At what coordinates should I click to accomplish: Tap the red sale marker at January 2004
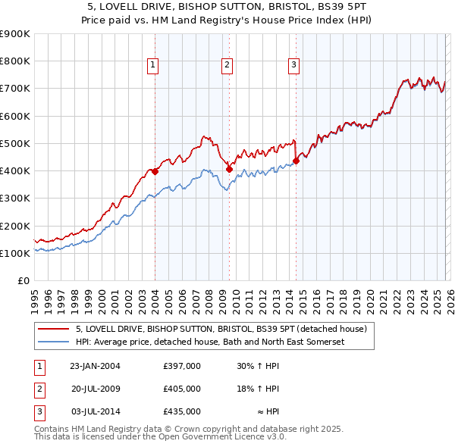(x=155, y=171)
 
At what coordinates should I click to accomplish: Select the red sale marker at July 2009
(x=229, y=169)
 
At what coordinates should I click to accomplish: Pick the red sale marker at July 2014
(x=296, y=161)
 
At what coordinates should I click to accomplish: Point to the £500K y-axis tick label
(x=14, y=143)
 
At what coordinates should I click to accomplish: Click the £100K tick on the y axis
(x=14, y=253)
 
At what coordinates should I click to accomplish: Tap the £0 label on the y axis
(x=22, y=281)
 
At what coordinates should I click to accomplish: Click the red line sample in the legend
(x=53, y=330)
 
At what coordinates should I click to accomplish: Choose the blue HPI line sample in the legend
(x=53, y=342)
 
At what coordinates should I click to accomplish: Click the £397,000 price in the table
(x=182, y=366)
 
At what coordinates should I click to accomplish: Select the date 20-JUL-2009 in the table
(x=96, y=389)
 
